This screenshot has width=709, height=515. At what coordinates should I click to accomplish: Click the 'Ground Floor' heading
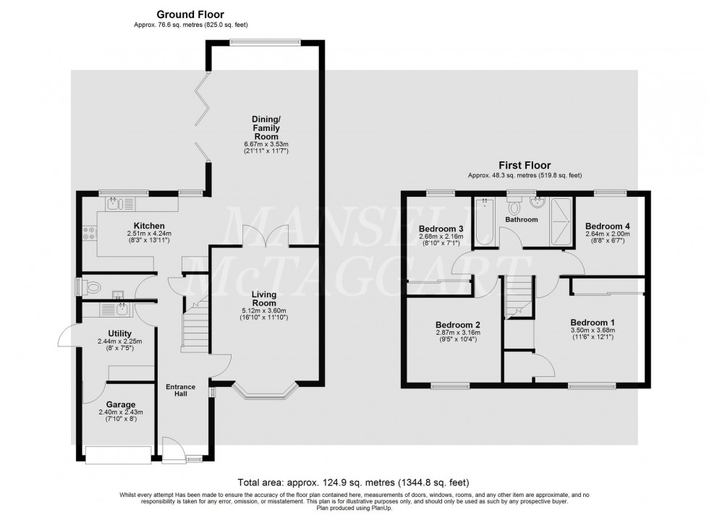pyautogui.click(x=190, y=14)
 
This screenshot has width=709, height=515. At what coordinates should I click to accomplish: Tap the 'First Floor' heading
pyautogui.click(x=525, y=165)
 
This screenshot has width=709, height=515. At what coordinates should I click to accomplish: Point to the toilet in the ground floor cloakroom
pyautogui.click(x=90, y=287)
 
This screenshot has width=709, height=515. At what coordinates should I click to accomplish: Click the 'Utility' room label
pyautogui.click(x=120, y=333)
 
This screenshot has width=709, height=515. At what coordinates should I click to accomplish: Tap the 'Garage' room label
pyautogui.click(x=120, y=404)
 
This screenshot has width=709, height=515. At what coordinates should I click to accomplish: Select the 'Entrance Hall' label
pyautogui.click(x=181, y=391)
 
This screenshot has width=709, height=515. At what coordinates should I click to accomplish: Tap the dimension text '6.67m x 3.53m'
pyautogui.click(x=265, y=144)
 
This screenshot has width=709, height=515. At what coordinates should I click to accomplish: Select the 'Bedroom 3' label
pyautogui.click(x=440, y=229)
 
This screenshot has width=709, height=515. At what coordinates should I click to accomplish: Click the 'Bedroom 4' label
pyautogui.click(x=607, y=225)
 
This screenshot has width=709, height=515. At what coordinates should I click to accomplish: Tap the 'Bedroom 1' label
pyautogui.click(x=593, y=322)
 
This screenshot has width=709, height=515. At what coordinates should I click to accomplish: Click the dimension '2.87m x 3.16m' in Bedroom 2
pyautogui.click(x=457, y=333)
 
